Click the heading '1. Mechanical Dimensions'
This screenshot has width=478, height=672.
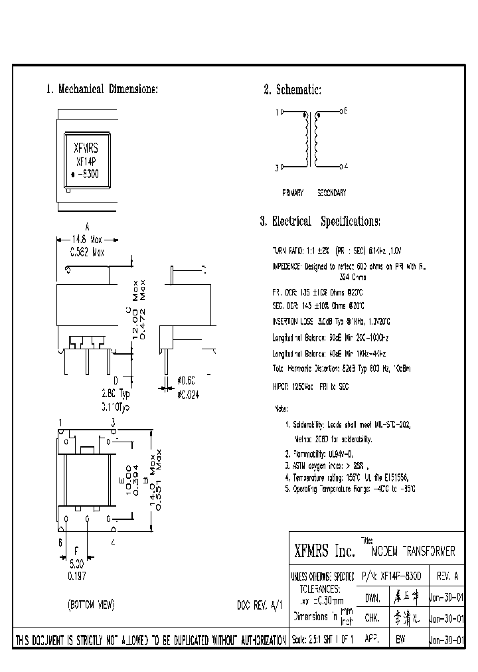(102, 90)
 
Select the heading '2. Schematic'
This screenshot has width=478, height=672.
(292, 90)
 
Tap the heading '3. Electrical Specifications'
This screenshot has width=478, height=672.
(320, 221)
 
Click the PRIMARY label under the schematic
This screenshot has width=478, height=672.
(293, 193)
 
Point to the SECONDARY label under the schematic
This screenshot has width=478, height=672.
(331, 193)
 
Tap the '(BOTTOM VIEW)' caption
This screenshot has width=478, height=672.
(92, 605)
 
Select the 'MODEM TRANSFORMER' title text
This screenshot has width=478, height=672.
(413, 552)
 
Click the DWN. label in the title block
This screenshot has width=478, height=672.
(372, 598)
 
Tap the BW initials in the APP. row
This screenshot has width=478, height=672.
(400, 640)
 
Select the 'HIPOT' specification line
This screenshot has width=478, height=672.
(310, 386)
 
